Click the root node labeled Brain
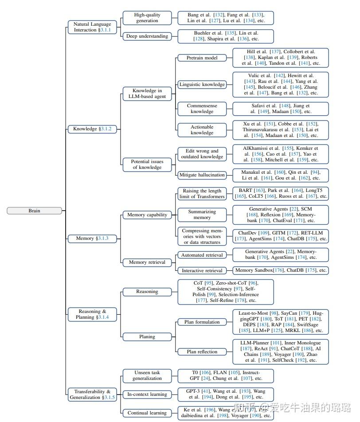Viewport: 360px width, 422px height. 34,211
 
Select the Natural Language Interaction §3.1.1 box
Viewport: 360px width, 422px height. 92,27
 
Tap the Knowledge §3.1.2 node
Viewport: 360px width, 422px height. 92,129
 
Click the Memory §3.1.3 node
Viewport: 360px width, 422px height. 92,238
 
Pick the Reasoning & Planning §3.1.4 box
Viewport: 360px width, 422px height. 92,314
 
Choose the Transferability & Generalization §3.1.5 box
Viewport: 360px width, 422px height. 92,395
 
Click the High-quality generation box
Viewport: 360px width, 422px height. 147,18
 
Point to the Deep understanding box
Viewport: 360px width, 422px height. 147,36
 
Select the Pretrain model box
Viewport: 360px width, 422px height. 202,58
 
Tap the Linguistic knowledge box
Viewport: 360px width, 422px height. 202,84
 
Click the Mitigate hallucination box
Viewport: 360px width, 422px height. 202,175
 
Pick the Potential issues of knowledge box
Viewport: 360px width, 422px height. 147,164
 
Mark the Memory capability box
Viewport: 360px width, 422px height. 147,215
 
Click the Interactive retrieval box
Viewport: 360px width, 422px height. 202,270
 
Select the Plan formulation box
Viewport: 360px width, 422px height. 202,322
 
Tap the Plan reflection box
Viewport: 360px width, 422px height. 202,352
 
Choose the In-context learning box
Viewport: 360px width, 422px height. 147,395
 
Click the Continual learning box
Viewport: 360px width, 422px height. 147,413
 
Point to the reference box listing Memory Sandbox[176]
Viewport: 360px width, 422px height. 281,270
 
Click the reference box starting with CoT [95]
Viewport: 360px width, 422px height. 226,292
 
